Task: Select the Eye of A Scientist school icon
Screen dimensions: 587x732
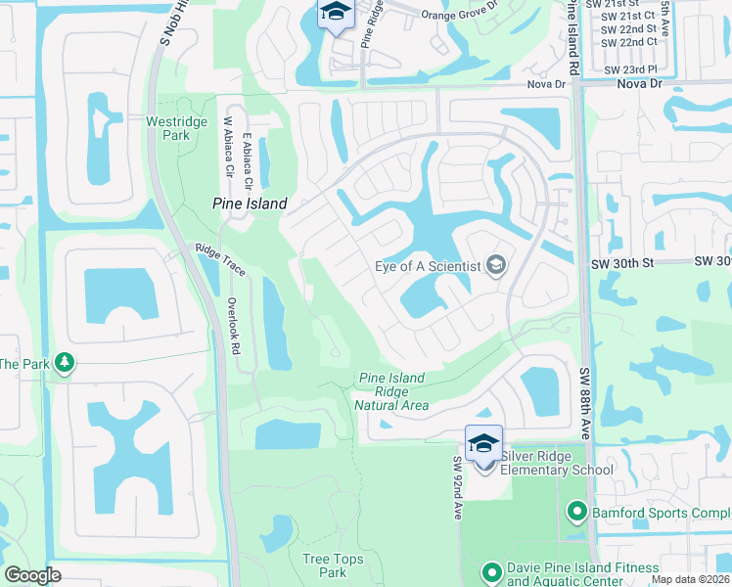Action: click(496, 266)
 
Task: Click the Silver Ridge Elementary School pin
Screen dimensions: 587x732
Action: click(483, 444)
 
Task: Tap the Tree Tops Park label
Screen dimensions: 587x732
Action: click(325, 565)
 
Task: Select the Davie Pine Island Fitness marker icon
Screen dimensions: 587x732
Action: click(493, 570)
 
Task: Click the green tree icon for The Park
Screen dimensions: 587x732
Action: click(66, 364)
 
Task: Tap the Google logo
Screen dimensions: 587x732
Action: click(32, 575)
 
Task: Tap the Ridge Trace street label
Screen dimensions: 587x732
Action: click(219, 260)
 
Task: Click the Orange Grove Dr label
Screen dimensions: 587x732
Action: click(459, 15)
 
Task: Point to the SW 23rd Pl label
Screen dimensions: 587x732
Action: click(630, 69)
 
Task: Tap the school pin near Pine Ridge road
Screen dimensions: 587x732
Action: click(335, 14)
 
